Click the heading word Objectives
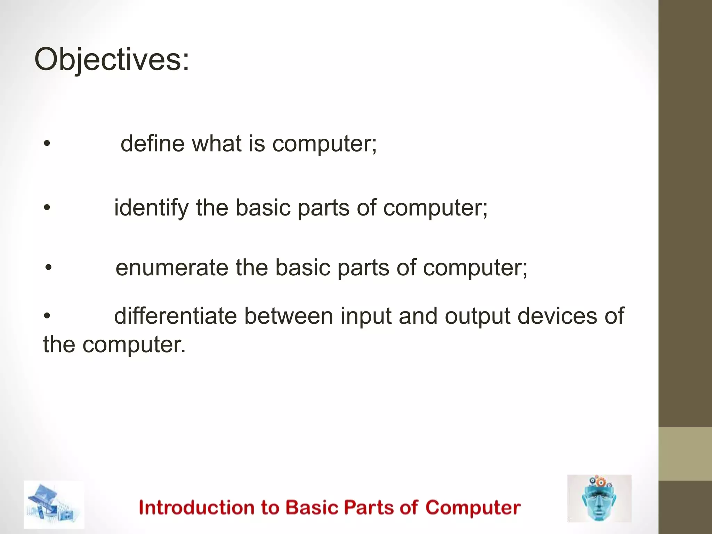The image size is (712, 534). (x=112, y=60)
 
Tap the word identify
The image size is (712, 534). (x=151, y=208)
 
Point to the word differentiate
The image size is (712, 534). (x=175, y=316)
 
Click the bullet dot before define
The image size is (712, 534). (x=47, y=144)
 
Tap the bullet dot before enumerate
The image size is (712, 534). (x=49, y=268)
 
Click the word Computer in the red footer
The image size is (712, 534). (x=473, y=508)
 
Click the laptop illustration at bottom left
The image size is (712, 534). (x=54, y=504)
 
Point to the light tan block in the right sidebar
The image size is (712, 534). (x=685, y=454)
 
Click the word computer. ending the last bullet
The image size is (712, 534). (x=134, y=345)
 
